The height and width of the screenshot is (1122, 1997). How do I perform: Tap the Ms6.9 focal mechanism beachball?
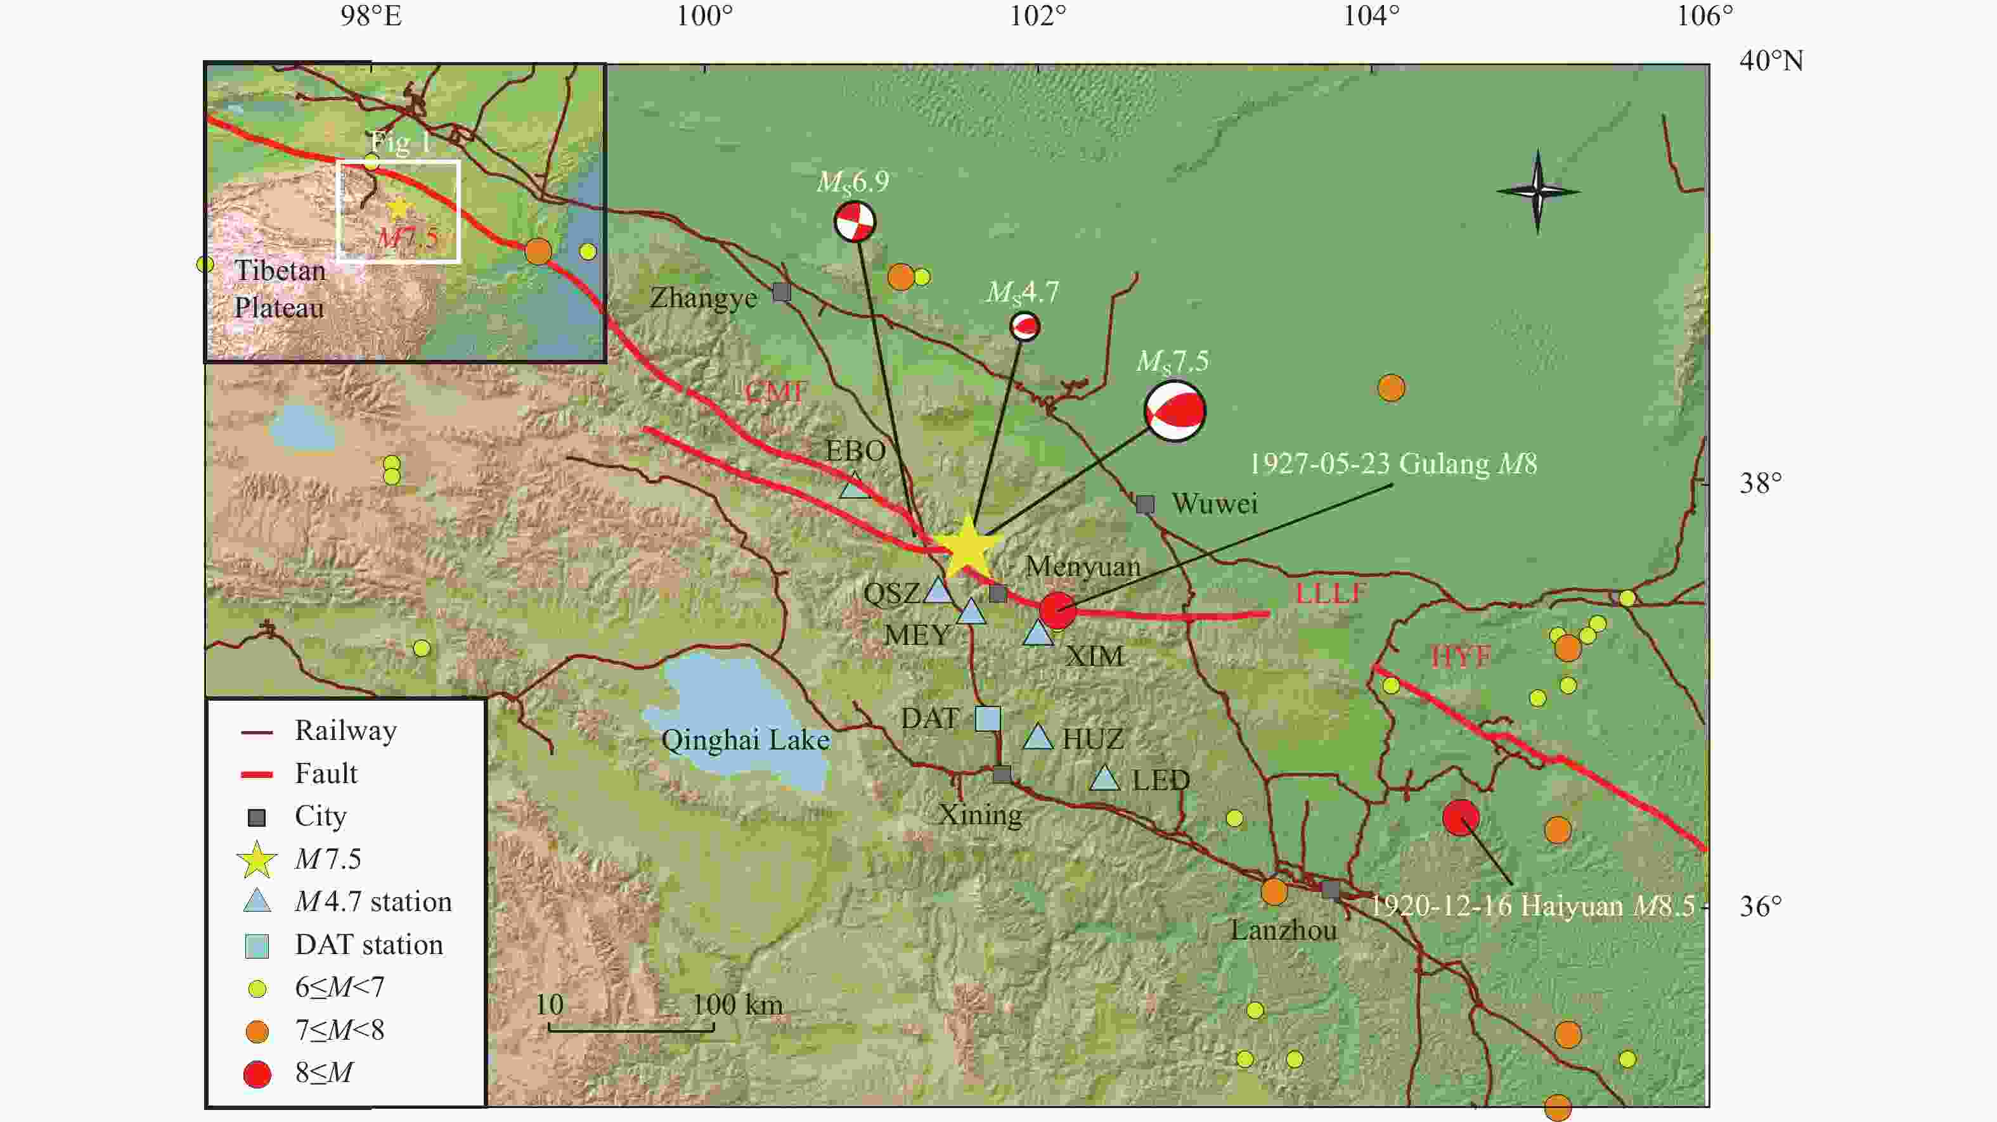point(855,222)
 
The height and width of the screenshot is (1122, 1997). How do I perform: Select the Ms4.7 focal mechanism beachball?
point(1025,326)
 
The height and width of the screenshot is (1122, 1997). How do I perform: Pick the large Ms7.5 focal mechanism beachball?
point(1175,410)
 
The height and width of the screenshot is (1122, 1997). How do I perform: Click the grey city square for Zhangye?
point(782,292)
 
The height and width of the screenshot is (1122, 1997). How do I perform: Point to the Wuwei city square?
point(1145,504)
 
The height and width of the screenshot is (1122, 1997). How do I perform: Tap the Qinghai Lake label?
point(744,740)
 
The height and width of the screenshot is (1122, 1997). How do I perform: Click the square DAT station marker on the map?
point(987,718)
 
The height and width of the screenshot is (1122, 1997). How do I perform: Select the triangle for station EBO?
point(855,486)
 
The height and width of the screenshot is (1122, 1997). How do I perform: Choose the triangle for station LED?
point(1105,778)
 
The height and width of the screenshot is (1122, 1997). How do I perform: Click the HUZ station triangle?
point(1038,737)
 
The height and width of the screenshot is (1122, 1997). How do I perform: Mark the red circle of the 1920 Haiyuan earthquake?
point(1461,817)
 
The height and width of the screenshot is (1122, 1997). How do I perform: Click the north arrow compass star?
point(1538,191)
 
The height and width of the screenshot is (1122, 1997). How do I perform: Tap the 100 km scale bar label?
point(737,1005)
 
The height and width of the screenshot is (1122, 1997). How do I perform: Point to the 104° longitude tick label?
point(1371,15)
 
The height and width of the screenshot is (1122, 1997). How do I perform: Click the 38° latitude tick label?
point(1760,483)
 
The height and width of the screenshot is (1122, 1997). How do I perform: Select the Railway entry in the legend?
point(345,730)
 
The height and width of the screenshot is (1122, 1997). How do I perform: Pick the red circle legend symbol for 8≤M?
point(257,1074)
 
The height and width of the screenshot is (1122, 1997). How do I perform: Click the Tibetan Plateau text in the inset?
point(279,289)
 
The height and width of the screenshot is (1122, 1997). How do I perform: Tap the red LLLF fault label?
point(1330,594)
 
